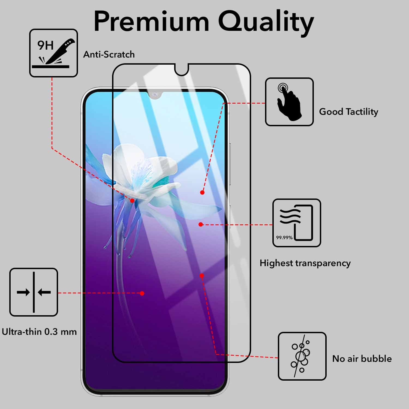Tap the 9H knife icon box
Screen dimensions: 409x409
pyautogui.click(x=53, y=53)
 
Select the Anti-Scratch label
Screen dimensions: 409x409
pyautogui.click(x=109, y=55)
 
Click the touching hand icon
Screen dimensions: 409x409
pyautogui.click(x=289, y=102)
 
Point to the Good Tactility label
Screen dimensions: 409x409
pyautogui.click(x=348, y=112)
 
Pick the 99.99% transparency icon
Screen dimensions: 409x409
pyautogui.click(x=297, y=223)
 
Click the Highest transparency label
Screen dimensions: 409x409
pyautogui.click(x=305, y=263)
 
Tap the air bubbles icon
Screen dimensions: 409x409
pyautogui.click(x=302, y=356)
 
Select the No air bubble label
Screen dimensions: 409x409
pyautogui.click(x=362, y=359)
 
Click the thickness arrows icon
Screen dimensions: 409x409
pyautogui.click(x=34, y=292)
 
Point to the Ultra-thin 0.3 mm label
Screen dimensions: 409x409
pyautogui.click(x=39, y=332)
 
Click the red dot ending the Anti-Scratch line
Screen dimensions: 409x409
pyautogui.click(x=132, y=201)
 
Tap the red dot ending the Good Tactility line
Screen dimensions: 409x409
pyautogui.click(x=202, y=193)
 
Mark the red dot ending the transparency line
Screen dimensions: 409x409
pyautogui.click(x=201, y=224)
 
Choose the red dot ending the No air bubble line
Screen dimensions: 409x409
pyautogui.click(x=202, y=276)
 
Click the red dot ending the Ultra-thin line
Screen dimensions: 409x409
pyautogui.click(x=142, y=293)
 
